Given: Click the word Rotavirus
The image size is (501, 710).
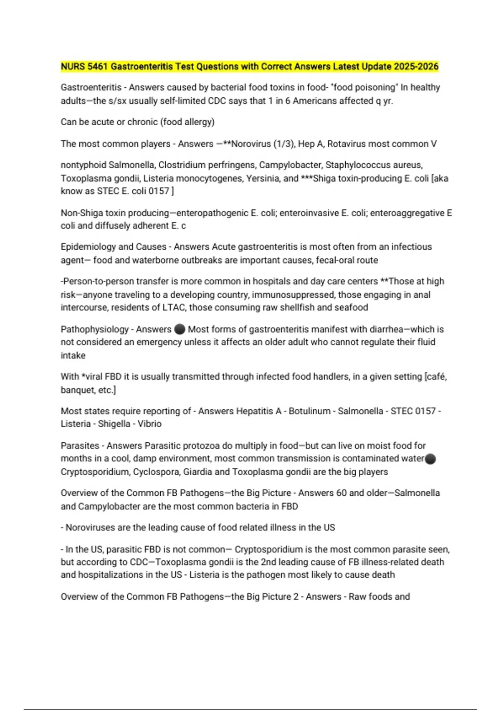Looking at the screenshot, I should tap(346, 144).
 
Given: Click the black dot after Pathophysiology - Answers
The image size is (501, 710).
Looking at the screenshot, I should tap(180, 329).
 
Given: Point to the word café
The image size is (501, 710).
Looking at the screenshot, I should tap(437, 377).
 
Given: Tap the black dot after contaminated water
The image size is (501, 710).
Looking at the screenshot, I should tap(430, 459).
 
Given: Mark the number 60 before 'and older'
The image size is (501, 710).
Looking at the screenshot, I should tap(341, 493).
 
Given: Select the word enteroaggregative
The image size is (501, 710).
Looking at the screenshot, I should tap(407, 213).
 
